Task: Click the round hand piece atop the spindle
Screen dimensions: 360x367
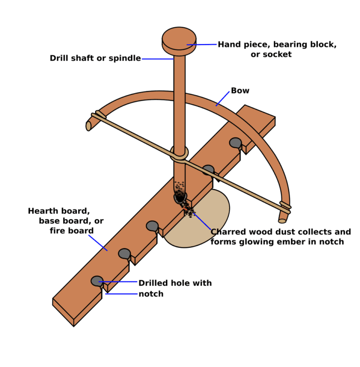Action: [x=179, y=41]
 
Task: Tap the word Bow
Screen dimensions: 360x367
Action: [x=240, y=91]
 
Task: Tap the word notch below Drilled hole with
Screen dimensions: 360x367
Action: [x=151, y=294]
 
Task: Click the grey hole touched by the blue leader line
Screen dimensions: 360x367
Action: [x=97, y=281]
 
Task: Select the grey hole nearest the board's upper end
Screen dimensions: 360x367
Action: [x=235, y=143]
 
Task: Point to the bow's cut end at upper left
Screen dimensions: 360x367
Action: [x=89, y=126]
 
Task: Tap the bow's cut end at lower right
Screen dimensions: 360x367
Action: [x=282, y=221]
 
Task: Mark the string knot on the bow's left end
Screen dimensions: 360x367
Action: [x=99, y=115]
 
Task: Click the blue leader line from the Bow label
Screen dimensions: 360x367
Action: [x=223, y=99]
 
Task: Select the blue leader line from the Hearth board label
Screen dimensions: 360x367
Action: [x=98, y=243]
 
